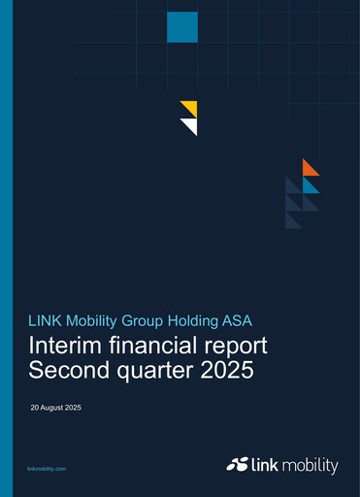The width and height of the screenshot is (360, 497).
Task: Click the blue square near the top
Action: pos(182,27)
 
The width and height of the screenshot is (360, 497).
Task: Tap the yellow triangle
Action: pos(191,106)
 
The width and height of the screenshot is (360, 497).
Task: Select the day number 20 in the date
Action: pos(35,408)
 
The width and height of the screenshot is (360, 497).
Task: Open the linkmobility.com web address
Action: pos(48,469)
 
